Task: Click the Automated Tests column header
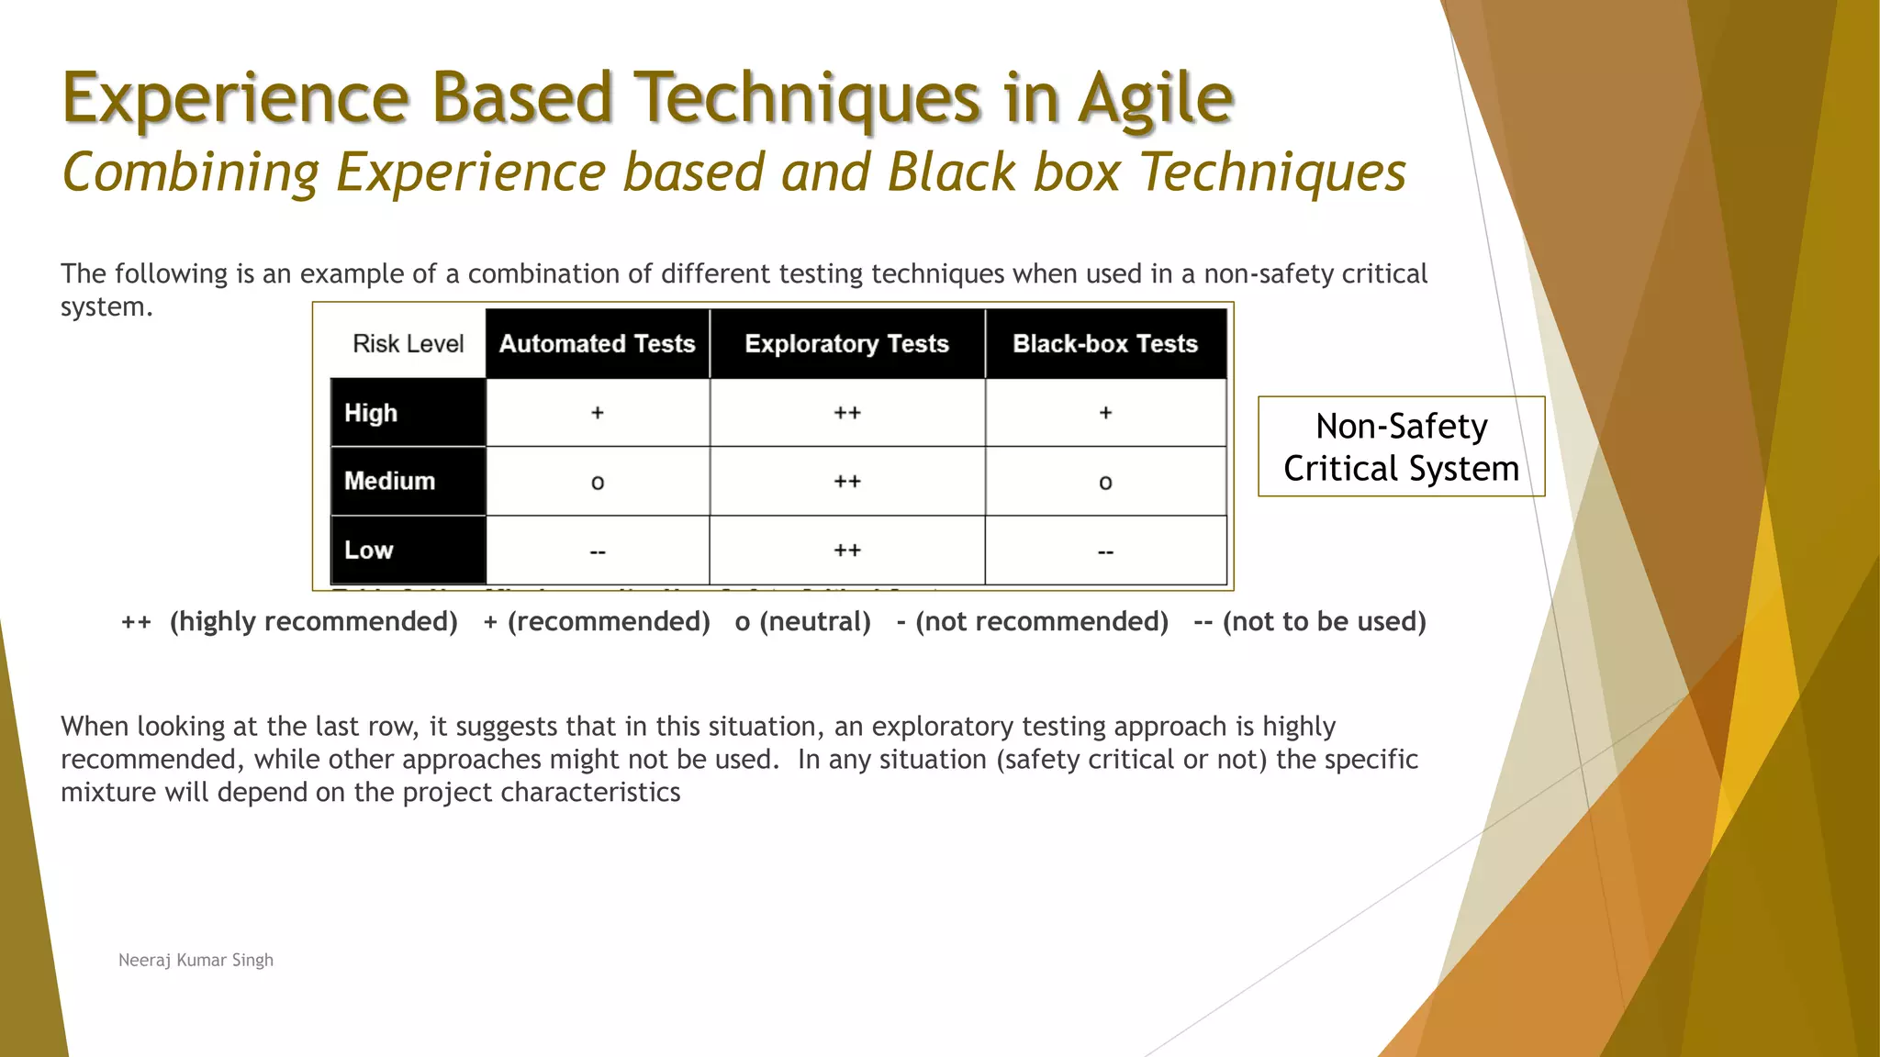597,344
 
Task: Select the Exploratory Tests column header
846,344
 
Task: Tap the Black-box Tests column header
1105,344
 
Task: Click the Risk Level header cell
408,344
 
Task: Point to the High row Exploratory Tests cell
846,413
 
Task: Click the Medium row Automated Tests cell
597,482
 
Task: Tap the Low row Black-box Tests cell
1105,551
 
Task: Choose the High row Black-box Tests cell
1105,413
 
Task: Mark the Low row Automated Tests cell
597,551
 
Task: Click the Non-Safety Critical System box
1401,447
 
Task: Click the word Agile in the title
1156,99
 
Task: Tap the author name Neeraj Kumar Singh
196,960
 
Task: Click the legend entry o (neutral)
802,622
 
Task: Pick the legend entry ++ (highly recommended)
289,622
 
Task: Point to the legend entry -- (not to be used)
1309,622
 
